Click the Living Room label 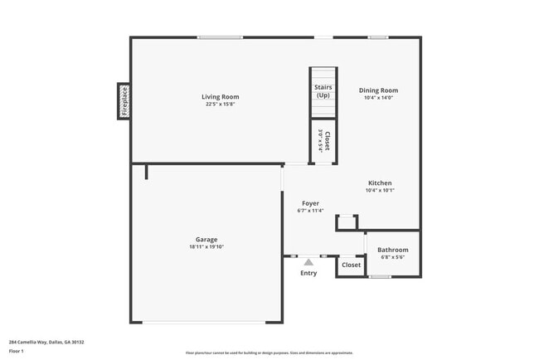220,97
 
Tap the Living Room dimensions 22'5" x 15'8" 220,105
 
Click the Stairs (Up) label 323,91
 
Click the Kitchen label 380,183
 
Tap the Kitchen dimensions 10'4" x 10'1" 380,191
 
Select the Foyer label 310,203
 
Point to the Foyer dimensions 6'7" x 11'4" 310,211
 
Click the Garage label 206,240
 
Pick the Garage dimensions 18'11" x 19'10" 206,247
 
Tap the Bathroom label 393,250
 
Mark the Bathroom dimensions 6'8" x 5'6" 393,257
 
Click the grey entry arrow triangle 308,262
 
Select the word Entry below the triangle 308,273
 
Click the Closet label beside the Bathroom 352,265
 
